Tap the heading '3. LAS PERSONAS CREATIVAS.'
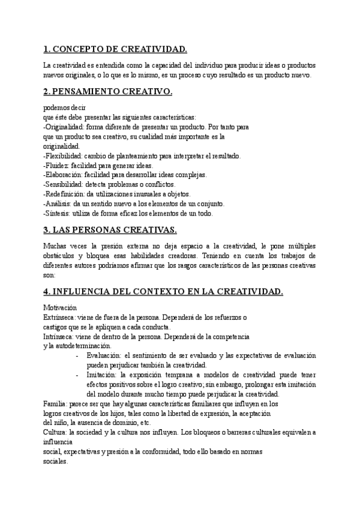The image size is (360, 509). click(109, 230)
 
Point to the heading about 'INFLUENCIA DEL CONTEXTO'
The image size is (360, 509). click(163, 292)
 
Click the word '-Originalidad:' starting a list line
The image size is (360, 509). click(65, 127)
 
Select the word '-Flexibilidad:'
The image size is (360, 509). click(64, 156)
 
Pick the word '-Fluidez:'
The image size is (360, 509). click(57, 166)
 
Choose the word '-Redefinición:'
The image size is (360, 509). click(65, 194)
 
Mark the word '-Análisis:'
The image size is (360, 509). click(59, 203)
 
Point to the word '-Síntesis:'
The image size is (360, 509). click(59, 213)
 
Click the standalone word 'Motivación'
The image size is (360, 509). click(60, 307)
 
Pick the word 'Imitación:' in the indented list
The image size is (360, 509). click(103, 375)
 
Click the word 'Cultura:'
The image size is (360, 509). click(56, 432)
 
